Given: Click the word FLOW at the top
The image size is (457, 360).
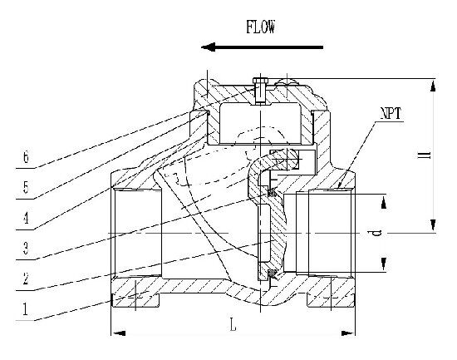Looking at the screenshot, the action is [x=260, y=27].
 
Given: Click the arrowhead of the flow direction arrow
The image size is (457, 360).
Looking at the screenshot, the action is [x=208, y=47].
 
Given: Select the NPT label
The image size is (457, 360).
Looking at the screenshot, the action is [x=391, y=113].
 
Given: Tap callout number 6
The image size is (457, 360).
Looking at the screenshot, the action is [x=27, y=158].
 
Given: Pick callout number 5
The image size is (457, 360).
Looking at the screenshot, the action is [x=27, y=187].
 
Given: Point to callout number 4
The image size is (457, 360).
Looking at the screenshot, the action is [x=27, y=218].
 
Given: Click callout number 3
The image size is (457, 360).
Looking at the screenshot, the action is [x=27, y=249].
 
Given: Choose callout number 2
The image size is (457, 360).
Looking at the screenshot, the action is [x=27, y=279].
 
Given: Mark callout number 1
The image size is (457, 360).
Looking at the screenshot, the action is [x=26, y=309].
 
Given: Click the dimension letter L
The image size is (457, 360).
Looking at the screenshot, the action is [x=233, y=325].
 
